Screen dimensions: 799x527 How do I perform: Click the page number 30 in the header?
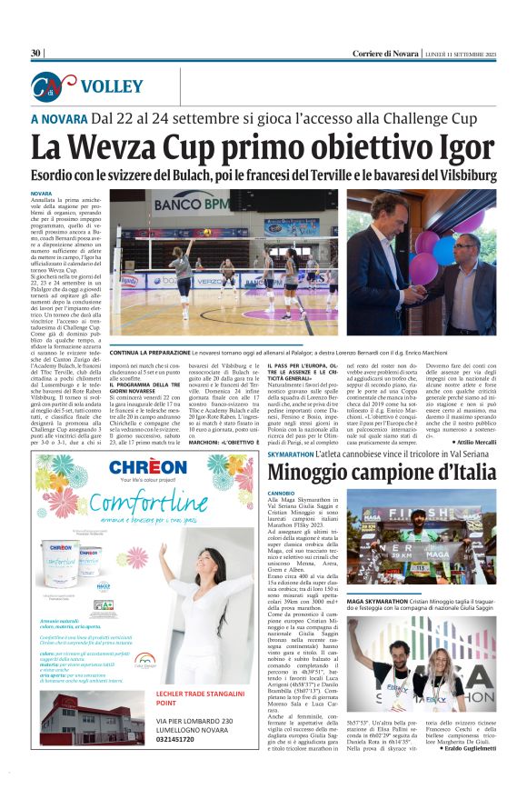pos(36,54)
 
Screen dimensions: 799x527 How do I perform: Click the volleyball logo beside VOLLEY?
pos(53,86)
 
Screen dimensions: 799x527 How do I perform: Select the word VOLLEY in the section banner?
pos(111,87)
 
